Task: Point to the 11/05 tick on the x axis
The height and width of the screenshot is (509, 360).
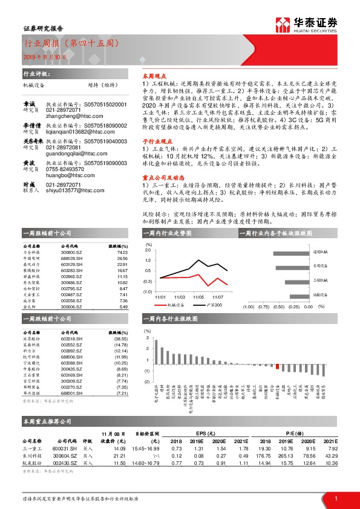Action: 197,297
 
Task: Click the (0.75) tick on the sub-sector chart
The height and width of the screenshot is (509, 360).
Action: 262,306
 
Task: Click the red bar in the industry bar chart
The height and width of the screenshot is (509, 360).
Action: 277,366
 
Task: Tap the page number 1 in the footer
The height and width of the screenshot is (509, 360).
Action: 336,498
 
